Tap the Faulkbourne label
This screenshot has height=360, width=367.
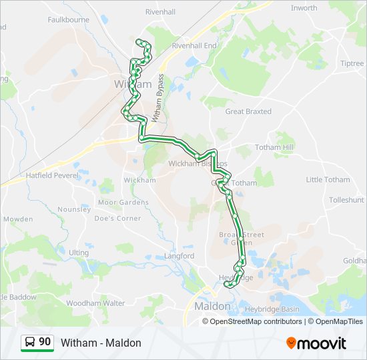click(x=68, y=20)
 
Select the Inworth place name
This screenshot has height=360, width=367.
click(x=304, y=8)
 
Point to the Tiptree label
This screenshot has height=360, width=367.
click(x=352, y=63)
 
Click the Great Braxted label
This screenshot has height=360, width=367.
click(x=249, y=112)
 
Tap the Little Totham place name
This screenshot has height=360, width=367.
click(x=328, y=179)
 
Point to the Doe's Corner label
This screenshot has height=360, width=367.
click(x=118, y=218)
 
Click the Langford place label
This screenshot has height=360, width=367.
click(x=179, y=255)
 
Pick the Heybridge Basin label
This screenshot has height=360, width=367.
click(x=272, y=309)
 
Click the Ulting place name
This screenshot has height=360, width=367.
click(x=79, y=253)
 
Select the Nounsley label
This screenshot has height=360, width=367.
click(x=74, y=209)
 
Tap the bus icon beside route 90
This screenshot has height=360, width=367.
click(x=30, y=342)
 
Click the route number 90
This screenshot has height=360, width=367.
click(x=45, y=342)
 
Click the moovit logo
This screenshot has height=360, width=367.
click(x=316, y=343)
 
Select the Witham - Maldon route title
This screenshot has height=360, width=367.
click(x=101, y=343)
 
